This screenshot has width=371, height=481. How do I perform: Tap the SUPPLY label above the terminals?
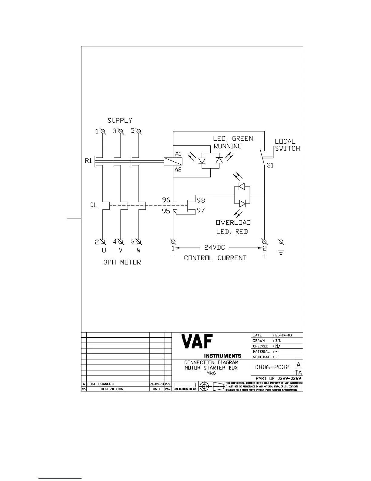click(x=120, y=121)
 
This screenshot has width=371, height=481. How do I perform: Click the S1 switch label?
click(x=270, y=165)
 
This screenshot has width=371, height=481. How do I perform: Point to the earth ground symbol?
click(x=281, y=247)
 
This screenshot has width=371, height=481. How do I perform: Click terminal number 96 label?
click(x=166, y=200)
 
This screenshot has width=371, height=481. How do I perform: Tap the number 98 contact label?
click(x=201, y=200)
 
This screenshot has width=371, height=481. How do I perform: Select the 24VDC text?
click(x=214, y=247)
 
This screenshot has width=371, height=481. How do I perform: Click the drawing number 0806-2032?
click(x=272, y=367)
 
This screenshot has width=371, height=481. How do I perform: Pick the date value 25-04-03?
click(x=283, y=335)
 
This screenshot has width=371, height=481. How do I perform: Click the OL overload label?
click(x=94, y=205)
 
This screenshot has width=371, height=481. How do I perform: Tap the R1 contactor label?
click(x=88, y=161)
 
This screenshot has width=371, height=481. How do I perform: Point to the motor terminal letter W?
click(x=139, y=251)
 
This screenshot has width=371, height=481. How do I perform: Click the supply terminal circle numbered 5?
click(x=139, y=131)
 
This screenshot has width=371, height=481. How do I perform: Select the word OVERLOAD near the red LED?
click(x=233, y=223)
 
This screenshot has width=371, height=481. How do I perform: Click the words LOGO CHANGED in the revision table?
click(x=100, y=384)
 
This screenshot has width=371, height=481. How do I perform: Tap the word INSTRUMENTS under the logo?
click(x=222, y=356)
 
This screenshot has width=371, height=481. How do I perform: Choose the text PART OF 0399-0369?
click(x=278, y=378)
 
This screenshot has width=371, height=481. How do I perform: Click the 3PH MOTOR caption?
click(x=122, y=262)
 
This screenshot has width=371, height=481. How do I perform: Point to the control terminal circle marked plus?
click(x=264, y=242)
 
